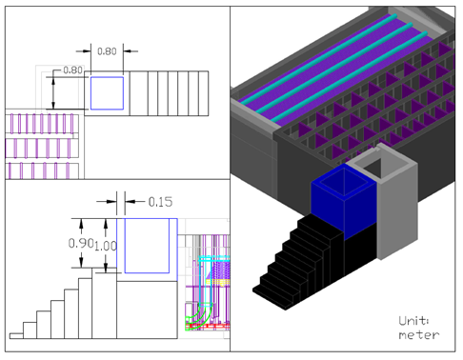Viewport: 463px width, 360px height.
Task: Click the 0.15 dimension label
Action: point(160,202)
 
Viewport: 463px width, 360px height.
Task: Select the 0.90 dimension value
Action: point(81,243)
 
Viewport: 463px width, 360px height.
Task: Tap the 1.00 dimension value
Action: point(106,246)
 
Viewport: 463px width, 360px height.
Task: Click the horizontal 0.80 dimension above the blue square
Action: point(107,51)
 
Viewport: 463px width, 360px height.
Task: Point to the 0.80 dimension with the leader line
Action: point(72,70)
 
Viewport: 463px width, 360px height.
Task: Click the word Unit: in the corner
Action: point(413,321)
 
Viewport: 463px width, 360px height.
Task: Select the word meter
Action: point(419,335)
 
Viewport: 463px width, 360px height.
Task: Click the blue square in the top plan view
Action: point(107,93)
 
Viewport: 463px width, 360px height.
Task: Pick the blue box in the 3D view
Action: point(344,200)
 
